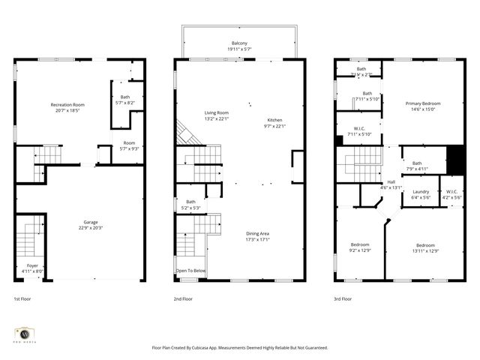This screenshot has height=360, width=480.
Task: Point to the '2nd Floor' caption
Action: (183, 298)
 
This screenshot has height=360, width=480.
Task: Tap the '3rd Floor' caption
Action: (343, 298)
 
